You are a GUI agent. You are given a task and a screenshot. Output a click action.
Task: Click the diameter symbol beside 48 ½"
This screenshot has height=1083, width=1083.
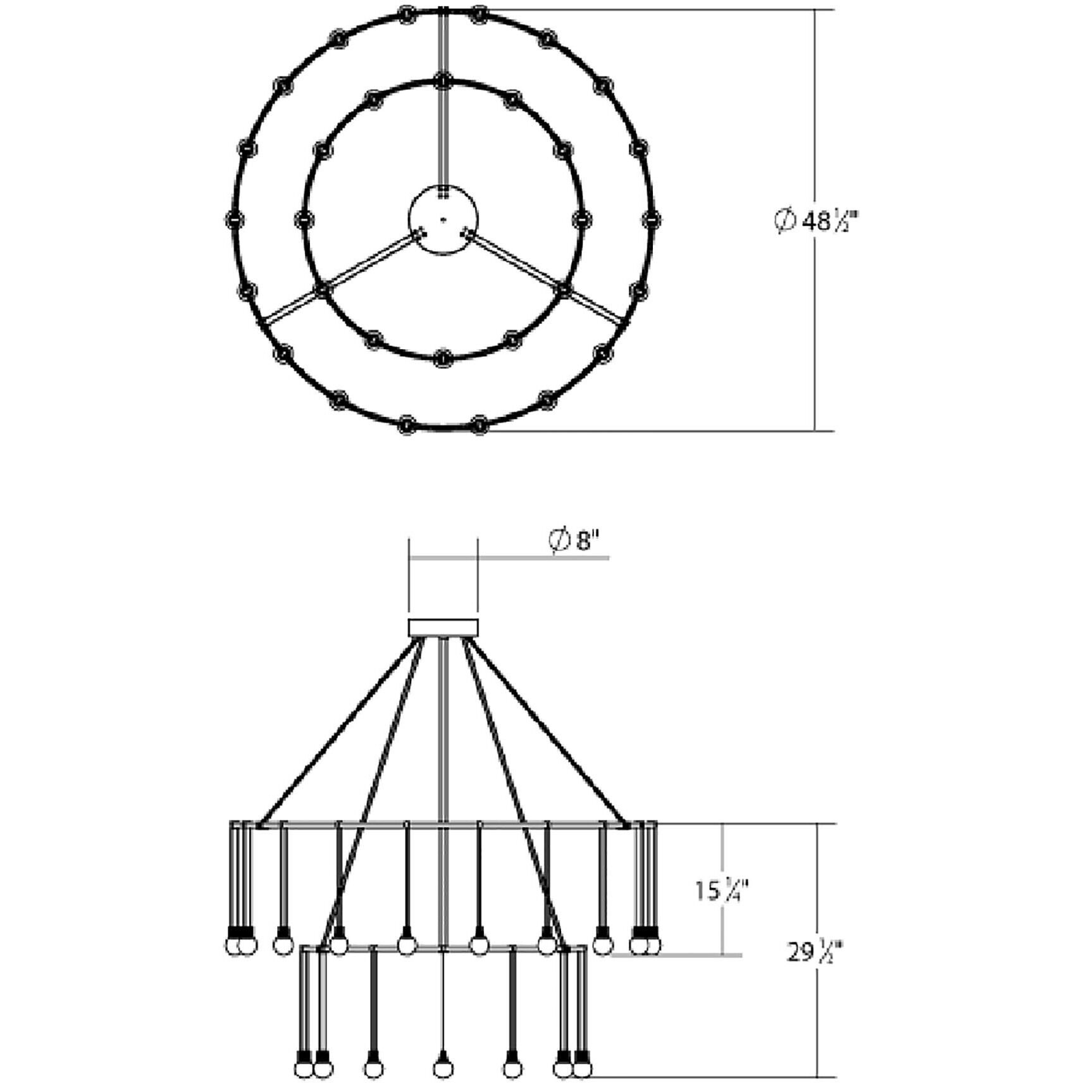(x=784, y=221)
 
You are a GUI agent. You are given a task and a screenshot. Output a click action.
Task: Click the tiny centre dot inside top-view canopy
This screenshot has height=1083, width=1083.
(x=443, y=220)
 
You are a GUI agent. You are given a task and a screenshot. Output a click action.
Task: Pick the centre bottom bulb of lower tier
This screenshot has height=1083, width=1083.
(x=443, y=1069)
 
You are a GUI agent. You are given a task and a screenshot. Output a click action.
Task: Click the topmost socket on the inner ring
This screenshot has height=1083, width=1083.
(x=443, y=80)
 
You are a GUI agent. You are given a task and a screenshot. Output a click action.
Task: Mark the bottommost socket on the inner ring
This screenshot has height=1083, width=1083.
(x=443, y=357)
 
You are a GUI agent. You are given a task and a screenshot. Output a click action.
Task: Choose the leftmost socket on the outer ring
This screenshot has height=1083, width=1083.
(x=234, y=219)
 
